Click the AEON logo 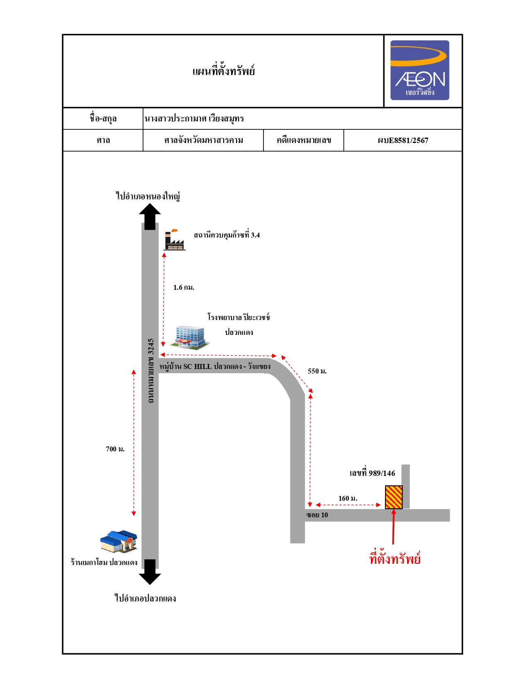(419, 70)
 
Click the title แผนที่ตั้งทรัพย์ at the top (223, 71)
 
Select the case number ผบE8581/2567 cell (403, 141)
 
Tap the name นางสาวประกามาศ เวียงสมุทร (194, 119)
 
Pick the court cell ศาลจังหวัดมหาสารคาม (204, 141)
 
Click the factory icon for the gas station (174, 240)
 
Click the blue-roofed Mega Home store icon (119, 541)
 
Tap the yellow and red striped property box (393, 497)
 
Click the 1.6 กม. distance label (184, 287)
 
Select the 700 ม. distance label (115, 449)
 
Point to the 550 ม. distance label (317, 371)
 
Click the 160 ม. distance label (348, 498)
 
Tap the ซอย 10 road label (317, 515)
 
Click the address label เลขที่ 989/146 (372, 473)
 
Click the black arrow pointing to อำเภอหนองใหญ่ (150, 216)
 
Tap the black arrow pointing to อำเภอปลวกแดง (150, 572)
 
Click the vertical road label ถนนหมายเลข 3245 (151, 371)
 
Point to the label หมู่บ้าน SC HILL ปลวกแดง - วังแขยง (215, 367)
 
